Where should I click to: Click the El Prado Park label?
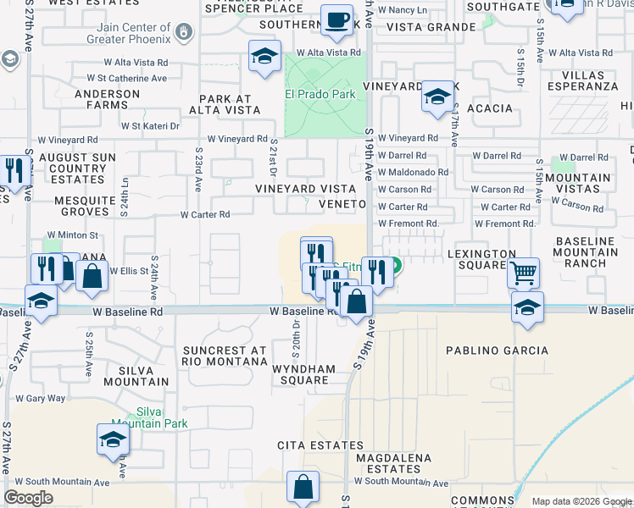320,94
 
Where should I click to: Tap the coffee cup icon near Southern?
337,19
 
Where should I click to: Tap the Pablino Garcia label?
498,350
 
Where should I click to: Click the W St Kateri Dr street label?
150,126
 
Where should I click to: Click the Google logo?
29,497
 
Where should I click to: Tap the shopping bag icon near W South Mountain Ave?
303,488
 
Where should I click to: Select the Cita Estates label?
309,444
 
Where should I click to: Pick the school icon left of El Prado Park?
264,58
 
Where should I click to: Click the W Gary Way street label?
40,398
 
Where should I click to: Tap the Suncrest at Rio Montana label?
225,356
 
